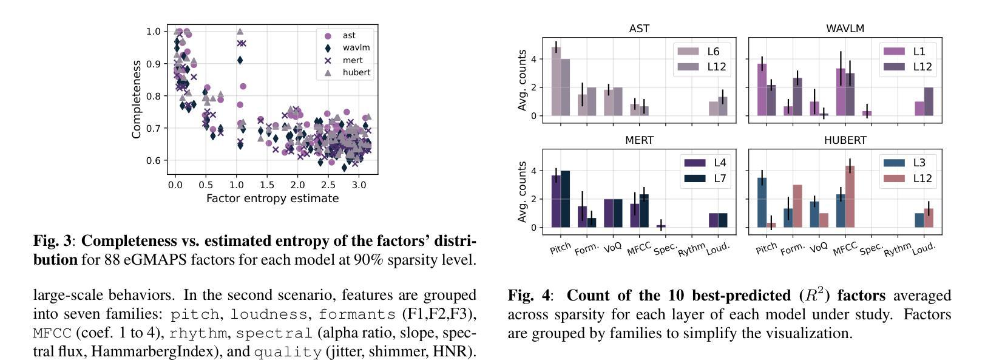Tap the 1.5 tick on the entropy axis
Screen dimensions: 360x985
[x=266, y=185]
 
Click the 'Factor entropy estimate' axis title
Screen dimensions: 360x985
[x=272, y=199]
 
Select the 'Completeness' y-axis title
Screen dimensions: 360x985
[x=137, y=100]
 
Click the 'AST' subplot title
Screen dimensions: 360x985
[x=639, y=29]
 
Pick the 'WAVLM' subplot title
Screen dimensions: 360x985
[x=845, y=29]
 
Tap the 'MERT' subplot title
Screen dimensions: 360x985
[x=639, y=140]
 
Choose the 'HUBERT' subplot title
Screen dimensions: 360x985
[x=845, y=140]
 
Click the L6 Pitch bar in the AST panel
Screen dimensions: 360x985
[x=556, y=82]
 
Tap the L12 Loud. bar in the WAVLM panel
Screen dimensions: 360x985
[x=929, y=101]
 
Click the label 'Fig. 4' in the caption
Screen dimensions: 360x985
[x=529, y=296]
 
